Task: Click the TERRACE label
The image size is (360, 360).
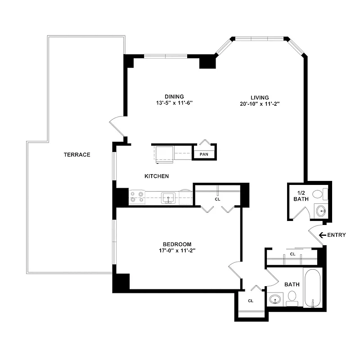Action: pyautogui.click(x=77, y=155)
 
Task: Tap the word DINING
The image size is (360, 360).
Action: pyautogui.click(x=174, y=97)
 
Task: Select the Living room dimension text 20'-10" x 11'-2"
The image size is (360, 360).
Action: pyautogui.click(x=260, y=103)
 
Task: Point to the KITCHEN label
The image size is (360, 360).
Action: pyautogui.click(x=157, y=176)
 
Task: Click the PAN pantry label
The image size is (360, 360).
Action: pyautogui.click(x=204, y=154)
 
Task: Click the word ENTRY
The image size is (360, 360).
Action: pyautogui.click(x=336, y=235)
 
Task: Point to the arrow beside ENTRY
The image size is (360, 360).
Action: pyautogui.click(x=322, y=235)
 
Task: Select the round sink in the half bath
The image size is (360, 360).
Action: pyautogui.click(x=321, y=210)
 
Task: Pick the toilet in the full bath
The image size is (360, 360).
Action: pyautogui.click(x=292, y=297)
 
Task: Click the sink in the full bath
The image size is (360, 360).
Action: pyautogui.click(x=275, y=299)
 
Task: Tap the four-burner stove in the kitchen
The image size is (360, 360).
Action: pyautogui.click(x=137, y=197)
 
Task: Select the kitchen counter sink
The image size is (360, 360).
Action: pyautogui.click(x=169, y=197)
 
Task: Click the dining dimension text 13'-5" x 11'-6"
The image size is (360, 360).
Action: pyautogui.click(x=175, y=103)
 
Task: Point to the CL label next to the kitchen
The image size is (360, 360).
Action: pyautogui.click(x=217, y=198)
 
